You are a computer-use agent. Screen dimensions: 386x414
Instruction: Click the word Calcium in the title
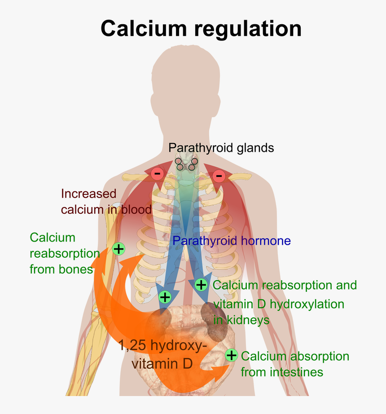point(144,28)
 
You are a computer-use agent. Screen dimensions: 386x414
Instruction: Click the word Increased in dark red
point(88,194)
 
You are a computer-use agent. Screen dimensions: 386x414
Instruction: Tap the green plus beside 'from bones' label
point(118,248)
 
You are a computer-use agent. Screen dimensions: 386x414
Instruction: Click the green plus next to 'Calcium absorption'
point(231,356)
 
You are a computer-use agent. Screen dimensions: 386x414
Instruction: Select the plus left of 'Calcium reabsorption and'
point(201,284)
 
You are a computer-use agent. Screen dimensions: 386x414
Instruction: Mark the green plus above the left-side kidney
point(165,297)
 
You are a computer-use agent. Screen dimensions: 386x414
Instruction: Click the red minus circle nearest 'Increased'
point(157,173)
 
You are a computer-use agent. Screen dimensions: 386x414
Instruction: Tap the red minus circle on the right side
point(219,176)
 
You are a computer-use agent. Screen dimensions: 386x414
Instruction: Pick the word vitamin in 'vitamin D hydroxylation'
point(232,304)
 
